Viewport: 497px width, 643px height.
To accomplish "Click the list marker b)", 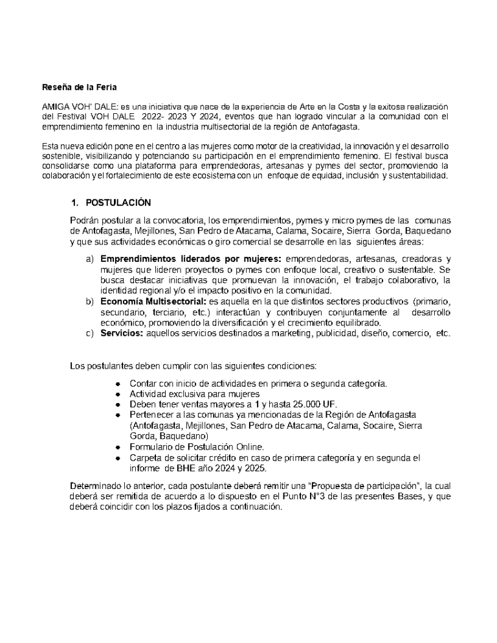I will tap(90, 301).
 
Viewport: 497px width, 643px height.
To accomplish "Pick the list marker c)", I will tap(90, 333).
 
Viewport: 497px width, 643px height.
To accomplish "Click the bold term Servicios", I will tap(122, 333).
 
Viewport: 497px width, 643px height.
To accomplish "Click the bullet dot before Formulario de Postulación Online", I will tap(118, 447).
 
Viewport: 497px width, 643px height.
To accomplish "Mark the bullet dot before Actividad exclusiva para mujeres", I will tap(118, 394).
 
